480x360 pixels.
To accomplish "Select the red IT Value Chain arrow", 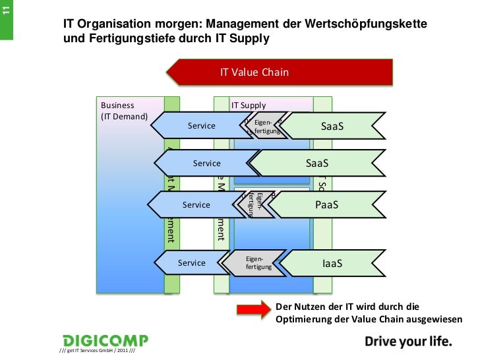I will (x=280, y=73).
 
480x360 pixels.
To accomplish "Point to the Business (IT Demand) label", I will (x=117, y=111).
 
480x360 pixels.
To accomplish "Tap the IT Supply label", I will (x=249, y=105).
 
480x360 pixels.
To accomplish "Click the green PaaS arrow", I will (x=327, y=205).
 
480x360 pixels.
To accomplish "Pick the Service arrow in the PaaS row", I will (x=196, y=205).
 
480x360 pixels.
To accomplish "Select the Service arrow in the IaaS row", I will (x=192, y=263).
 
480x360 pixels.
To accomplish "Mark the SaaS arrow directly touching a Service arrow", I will (x=317, y=163).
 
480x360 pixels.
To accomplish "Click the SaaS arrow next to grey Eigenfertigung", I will (x=332, y=126).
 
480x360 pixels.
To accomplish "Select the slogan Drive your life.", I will (x=409, y=342).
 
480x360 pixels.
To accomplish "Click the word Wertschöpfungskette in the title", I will (x=366, y=24).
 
